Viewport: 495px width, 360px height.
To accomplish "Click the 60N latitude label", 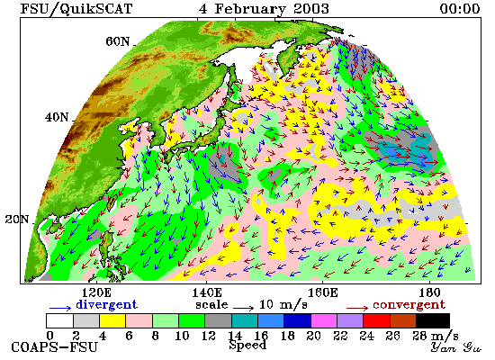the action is (117, 41).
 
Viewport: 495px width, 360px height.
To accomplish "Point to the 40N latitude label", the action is (57, 118).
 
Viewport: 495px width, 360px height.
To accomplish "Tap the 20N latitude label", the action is (17, 220).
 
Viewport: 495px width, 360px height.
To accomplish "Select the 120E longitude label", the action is (96, 292).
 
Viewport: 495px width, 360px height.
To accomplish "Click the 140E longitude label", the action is (207, 292).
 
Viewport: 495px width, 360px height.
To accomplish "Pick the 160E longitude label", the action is (322, 292).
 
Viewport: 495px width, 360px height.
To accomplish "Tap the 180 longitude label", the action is (429, 292).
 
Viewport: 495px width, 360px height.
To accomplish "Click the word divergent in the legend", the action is (106, 305).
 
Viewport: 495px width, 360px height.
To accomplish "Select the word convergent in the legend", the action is (409, 305).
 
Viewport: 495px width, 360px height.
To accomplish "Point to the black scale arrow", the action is (243, 308).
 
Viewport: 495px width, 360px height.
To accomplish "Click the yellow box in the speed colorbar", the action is (112, 320).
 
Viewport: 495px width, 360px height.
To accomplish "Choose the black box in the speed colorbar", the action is (433, 320).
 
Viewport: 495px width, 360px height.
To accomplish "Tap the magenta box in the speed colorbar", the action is (324, 320).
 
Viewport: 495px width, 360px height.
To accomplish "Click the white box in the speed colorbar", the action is (60, 320).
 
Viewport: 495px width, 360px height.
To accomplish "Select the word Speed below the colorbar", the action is (247, 346).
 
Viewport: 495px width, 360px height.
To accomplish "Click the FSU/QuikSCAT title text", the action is (76, 9).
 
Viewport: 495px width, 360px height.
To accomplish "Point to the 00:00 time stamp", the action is (460, 8).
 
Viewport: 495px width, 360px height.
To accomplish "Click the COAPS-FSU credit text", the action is (54, 347).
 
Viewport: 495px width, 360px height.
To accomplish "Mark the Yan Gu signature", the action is (456, 347).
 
